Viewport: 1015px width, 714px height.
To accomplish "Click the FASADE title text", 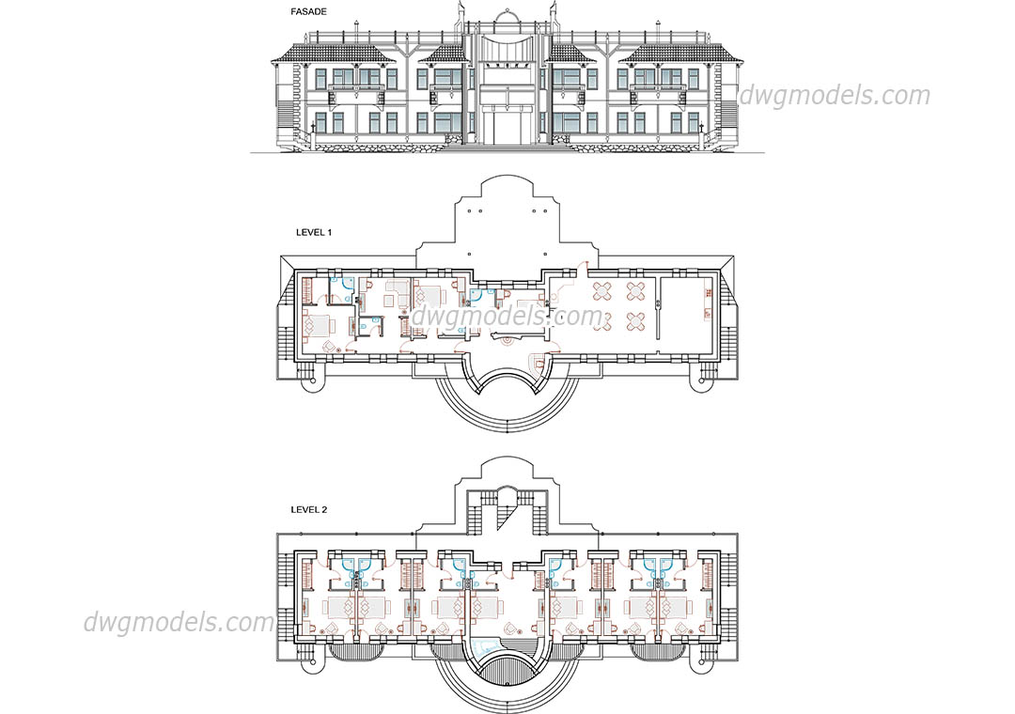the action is (309, 11).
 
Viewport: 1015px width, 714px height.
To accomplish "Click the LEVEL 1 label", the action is (314, 232).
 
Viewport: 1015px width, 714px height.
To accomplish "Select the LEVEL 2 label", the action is (309, 509).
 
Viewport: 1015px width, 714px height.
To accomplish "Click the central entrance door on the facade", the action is (507, 128).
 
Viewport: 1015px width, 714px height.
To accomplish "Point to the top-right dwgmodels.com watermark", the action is (835, 96).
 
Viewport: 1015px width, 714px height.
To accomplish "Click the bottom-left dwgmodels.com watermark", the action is (180, 622).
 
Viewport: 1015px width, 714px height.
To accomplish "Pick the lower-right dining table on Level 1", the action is (636, 320).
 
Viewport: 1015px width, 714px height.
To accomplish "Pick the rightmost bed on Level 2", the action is (677, 608).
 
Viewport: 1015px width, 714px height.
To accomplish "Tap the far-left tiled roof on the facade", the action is (334, 54).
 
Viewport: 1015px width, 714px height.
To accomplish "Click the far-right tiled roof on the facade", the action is (680, 54).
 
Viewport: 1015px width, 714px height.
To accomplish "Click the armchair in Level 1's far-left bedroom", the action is (330, 347).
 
